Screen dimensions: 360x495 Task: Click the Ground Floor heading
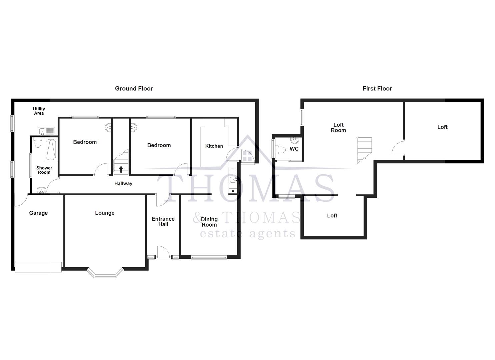(134, 88)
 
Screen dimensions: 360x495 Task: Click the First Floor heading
(377, 88)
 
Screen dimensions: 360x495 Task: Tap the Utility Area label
(39, 111)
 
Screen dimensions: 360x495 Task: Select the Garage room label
(38, 213)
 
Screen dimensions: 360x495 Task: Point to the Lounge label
(105, 213)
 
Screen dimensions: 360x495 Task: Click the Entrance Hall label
(163, 221)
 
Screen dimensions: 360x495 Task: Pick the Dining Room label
(209, 222)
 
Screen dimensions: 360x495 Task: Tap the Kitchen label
(214, 146)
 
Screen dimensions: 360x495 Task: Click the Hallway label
(123, 183)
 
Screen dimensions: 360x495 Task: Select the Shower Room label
(44, 170)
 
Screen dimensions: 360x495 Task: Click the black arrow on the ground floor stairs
(121, 169)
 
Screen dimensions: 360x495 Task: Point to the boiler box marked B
(233, 191)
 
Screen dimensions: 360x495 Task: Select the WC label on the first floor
(294, 149)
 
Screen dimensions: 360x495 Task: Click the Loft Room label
(338, 128)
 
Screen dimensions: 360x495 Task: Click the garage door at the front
(38, 267)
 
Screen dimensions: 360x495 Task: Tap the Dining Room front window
(209, 257)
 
